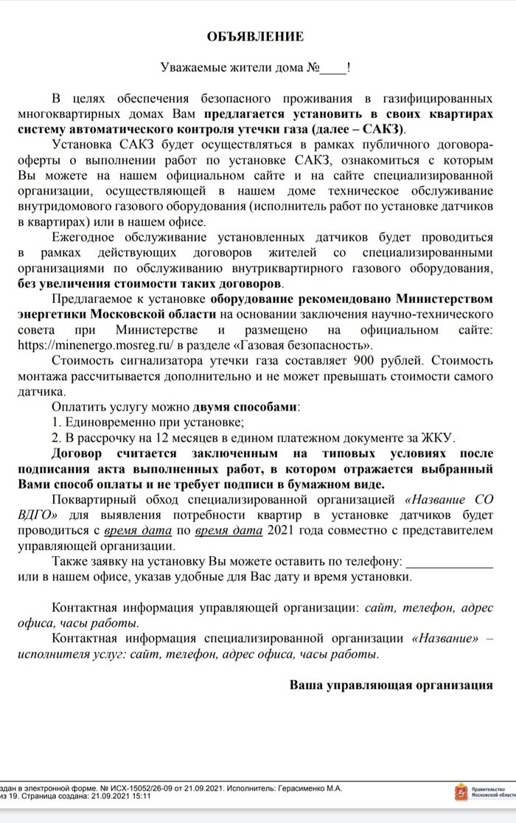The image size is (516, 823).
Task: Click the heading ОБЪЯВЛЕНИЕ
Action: pos(257,36)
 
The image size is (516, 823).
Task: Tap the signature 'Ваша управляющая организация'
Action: pos(391,684)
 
